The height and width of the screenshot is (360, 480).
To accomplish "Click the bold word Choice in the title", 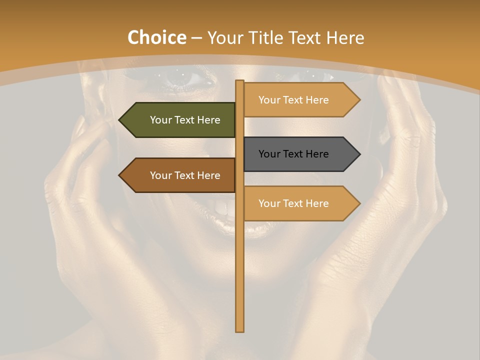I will [156, 37].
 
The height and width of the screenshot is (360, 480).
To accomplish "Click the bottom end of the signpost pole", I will [240, 330].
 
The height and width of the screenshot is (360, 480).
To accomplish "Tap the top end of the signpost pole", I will [240, 81].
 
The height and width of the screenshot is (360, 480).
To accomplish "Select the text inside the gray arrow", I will [293, 154].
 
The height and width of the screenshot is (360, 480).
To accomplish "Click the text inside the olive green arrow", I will [185, 120].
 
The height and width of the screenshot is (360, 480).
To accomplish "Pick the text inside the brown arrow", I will [185, 175].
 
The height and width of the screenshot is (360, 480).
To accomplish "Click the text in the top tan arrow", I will [293, 100].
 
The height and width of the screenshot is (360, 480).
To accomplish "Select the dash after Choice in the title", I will [196, 38].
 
